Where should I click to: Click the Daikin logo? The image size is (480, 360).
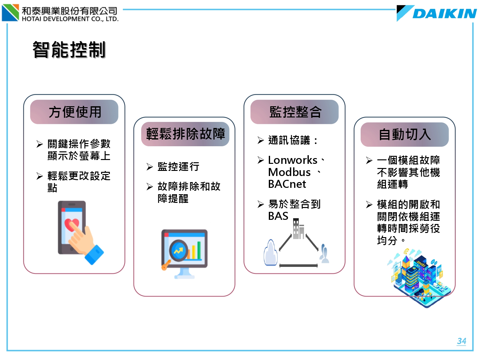point(436,13)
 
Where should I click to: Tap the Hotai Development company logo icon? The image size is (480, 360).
point(10,13)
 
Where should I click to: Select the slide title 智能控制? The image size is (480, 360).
point(69,50)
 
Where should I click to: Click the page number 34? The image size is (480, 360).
point(461,341)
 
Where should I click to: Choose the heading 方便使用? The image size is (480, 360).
point(75,112)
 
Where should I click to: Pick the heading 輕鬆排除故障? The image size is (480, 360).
point(185,134)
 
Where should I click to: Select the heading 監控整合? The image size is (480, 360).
point(295,112)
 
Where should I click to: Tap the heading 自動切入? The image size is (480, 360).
point(405,134)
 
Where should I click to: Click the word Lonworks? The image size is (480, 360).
point(292,160)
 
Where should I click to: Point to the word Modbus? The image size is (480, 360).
point(289,172)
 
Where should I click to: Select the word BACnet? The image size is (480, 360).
point(287,184)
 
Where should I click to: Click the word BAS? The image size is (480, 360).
point(278,216)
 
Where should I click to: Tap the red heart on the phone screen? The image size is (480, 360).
point(72,225)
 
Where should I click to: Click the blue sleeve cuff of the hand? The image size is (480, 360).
point(94,255)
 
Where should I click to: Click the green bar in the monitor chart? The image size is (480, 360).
point(199,250)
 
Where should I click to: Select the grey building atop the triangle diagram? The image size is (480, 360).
point(298,228)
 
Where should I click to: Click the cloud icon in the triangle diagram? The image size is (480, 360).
point(271,253)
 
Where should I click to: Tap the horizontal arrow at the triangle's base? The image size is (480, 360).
point(299,266)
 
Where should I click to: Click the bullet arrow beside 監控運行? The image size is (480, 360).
point(149,167)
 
